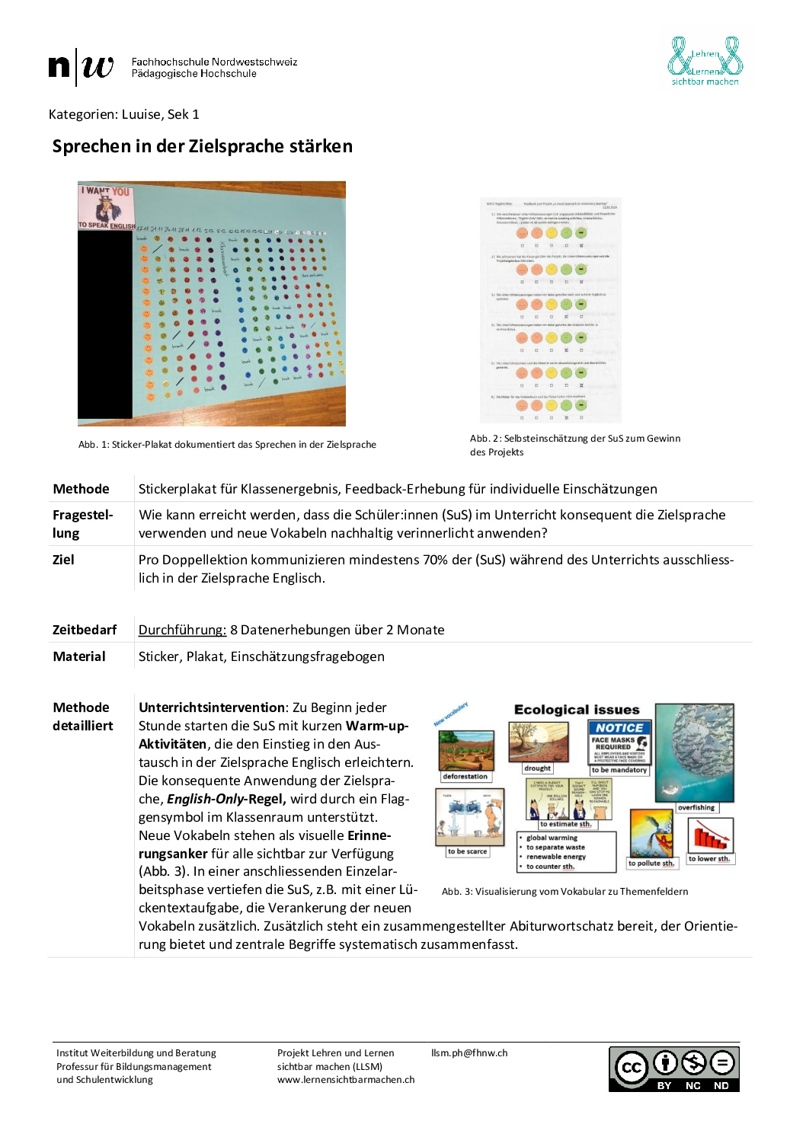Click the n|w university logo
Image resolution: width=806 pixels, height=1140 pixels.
[x=81, y=67]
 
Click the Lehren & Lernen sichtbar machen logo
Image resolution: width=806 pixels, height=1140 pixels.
[x=705, y=61]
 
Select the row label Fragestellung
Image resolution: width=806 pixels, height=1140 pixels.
[x=82, y=524]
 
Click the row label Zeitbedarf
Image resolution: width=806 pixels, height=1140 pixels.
[x=85, y=630]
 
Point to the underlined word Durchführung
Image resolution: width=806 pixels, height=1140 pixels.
[x=182, y=630]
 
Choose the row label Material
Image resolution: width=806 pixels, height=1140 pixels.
[x=79, y=656]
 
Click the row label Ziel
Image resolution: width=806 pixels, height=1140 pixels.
[x=63, y=560]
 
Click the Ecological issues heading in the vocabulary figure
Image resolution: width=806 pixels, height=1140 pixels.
[x=577, y=710]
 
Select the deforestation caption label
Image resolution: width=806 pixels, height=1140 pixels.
[x=465, y=777]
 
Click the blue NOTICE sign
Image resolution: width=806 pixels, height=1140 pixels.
[x=619, y=728]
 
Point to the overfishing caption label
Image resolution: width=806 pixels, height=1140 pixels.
[x=696, y=807]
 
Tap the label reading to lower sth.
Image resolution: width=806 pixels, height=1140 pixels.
[x=709, y=859]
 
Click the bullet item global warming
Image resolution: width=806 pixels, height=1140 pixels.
[x=552, y=838]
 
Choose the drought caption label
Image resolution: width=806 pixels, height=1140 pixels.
[x=537, y=768]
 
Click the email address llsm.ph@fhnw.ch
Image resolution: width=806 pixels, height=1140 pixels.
[x=469, y=1053]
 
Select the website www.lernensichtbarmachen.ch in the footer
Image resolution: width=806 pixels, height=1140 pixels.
[x=346, y=1080]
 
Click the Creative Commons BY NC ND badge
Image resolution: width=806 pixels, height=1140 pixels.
[x=673, y=1069]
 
